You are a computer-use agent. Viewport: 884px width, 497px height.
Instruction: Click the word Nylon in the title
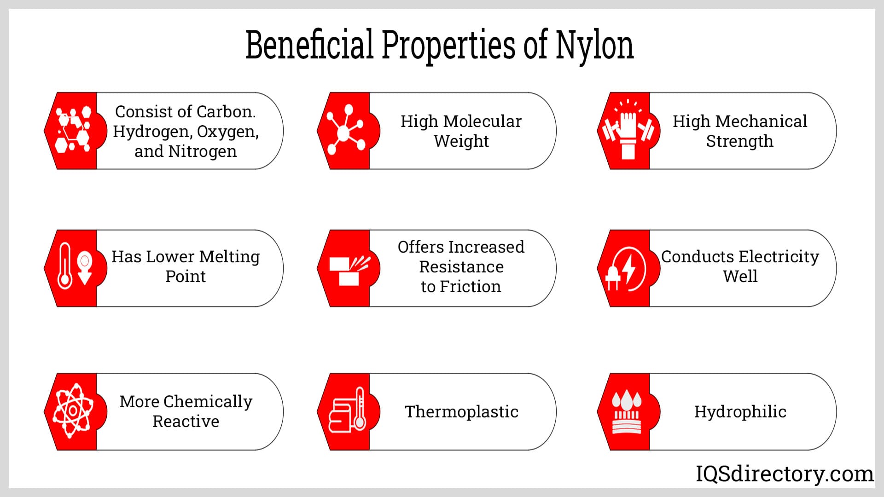click(x=594, y=46)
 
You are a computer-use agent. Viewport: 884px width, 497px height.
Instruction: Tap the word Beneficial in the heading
click(x=309, y=45)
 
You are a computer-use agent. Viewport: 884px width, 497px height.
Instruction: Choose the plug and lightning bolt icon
click(x=625, y=269)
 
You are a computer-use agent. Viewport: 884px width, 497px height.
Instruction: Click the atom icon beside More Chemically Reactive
click(x=73, y=410)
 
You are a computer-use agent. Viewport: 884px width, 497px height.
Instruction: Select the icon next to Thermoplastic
click(x=347, y=410)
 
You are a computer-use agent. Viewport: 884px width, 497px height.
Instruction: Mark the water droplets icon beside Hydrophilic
click(x=626, y=411)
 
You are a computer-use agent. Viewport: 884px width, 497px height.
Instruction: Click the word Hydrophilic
click(x=740, y=412)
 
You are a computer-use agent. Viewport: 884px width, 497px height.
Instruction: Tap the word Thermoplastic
click(x=461, y=412)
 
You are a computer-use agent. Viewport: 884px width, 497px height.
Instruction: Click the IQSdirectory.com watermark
click(x=784, y=474)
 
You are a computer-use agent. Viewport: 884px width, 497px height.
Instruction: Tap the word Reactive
click(x=186, y=422)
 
